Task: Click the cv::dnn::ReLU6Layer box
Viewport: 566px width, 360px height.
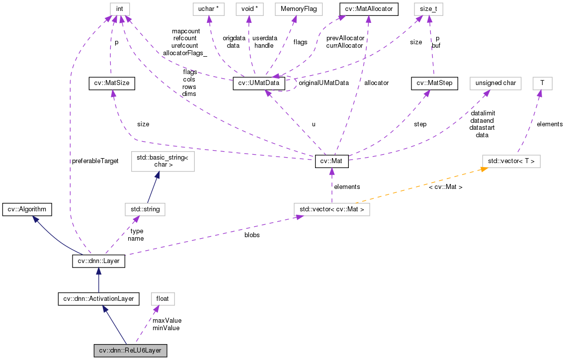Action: [x=130, y=351]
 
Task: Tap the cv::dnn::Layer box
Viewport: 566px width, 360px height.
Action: [x=98, y=261]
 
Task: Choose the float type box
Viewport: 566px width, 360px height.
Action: [x=162, y=299]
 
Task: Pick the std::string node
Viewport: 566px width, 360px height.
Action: [x=145, y=209]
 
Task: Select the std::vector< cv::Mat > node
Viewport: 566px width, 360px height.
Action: [x=331, y=209]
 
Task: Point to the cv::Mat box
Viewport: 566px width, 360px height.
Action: [x=332, y=162]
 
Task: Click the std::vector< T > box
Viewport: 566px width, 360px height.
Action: [x=511, y=162]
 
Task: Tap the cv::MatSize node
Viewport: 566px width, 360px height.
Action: [x=112, y=84]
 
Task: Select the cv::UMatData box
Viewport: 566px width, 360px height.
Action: [x=259, y=84]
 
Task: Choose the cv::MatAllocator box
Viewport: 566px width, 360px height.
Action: [x=368, y=9]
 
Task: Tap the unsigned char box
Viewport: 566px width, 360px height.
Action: [x=495, y=84]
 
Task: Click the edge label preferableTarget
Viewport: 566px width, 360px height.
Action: [x=95, y=161]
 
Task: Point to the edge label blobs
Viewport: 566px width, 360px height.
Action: [x=251, y=235]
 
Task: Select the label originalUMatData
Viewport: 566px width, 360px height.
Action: [x=323, y=83]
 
